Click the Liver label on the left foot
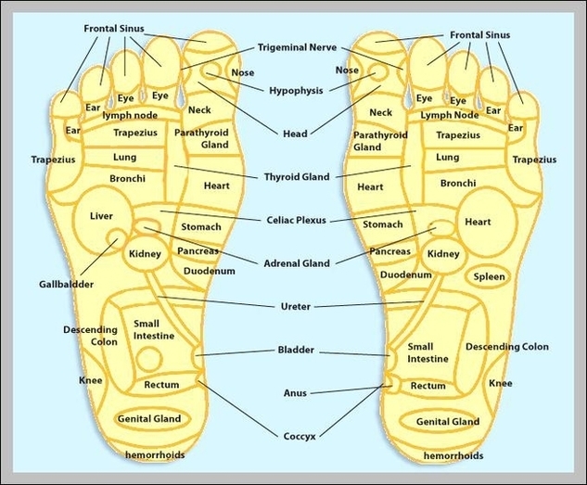click(101, 216)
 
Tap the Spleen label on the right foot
click(489, 276)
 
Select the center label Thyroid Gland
click(296, 177)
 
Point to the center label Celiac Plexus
click(295, 220)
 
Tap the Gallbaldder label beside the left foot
click(66, 284)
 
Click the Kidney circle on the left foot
click(146, 253)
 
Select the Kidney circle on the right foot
click(443, 253)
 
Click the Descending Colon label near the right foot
click(506, 347)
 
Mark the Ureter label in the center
click(295, 306)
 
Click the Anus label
click(295, 392)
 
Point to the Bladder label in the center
click(296, 351)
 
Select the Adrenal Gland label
click(297, 263)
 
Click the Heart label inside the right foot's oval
click(478, 222)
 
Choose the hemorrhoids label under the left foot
click(155, 455)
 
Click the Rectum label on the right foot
click(427, 386)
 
